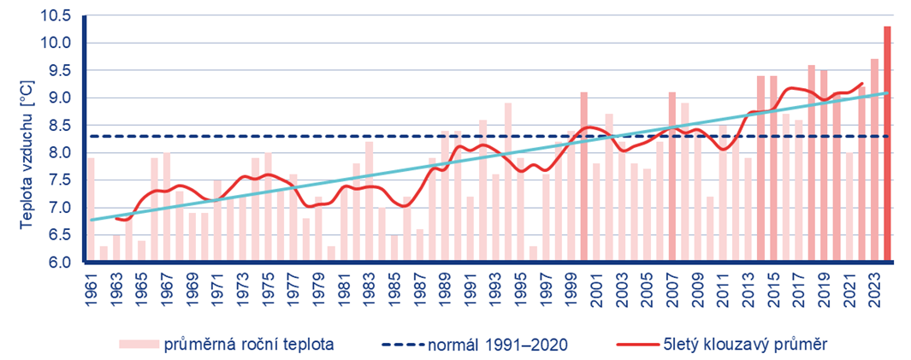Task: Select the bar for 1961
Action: point(91,210)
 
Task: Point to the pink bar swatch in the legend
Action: point(139,345)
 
